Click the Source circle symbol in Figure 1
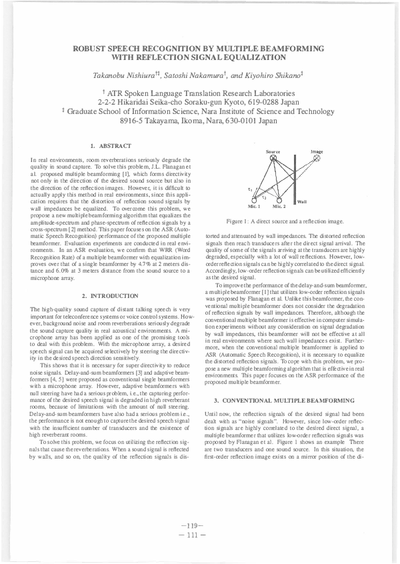pos(273,158)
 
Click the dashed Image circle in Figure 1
pos(318,158)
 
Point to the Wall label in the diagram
pos(301,201)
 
